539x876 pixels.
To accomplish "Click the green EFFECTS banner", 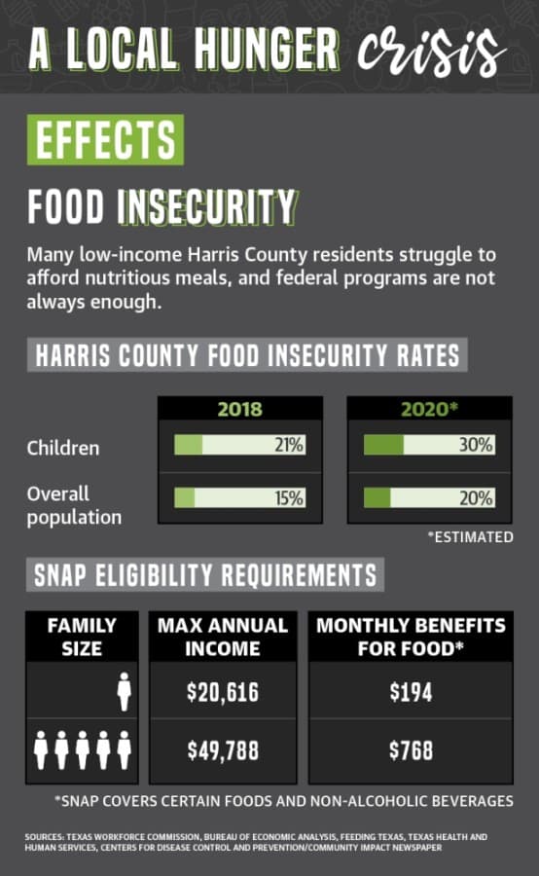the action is [x=105, y=139].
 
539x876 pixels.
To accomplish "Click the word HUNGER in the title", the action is [x=267, y=50].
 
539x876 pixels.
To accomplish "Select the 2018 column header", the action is [x=240, y=409].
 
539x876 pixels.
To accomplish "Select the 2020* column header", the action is [x=429, y=409].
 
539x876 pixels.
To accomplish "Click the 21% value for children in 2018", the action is [x=289, y=445].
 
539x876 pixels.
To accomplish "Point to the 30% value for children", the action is [x=476, y=445].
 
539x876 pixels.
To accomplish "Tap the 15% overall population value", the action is [x=289, y=497].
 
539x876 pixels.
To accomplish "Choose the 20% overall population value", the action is [x=476, y=497].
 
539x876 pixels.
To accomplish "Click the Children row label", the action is [x=63, y=448].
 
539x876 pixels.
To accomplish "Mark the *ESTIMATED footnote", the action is [x=470, y=537].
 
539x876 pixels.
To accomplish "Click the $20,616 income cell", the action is [x=223, y=692].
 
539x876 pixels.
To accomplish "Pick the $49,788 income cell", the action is [x=223, y=750].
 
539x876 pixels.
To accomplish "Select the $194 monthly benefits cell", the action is [x=412, y=692].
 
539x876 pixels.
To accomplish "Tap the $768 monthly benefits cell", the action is [x=412, y=750].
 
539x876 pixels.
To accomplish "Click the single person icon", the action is [x=124, y=692].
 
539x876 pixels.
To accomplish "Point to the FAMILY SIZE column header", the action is [x=82, y=637].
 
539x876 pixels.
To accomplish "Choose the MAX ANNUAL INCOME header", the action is [x=222, y=637].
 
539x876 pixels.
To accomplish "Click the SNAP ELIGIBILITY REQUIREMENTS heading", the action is [x=205, y=575].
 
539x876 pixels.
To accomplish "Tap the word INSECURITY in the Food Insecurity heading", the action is [x=207, y=206].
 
